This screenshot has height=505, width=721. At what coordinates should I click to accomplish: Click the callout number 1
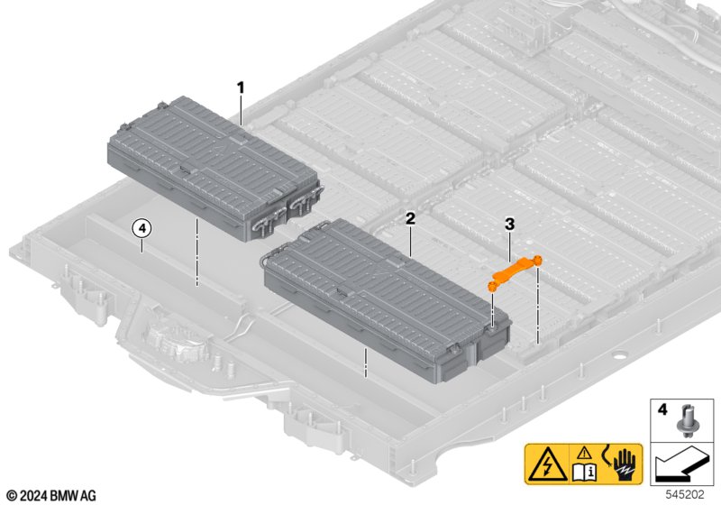click(241, 87)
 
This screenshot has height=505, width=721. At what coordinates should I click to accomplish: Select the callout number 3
click(509, 222)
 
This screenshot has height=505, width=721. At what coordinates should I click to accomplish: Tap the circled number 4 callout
click(141, 228)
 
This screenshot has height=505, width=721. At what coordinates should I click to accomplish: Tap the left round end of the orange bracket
click(493, 284)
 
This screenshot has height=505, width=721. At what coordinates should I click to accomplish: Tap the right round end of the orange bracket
click(537, 261)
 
